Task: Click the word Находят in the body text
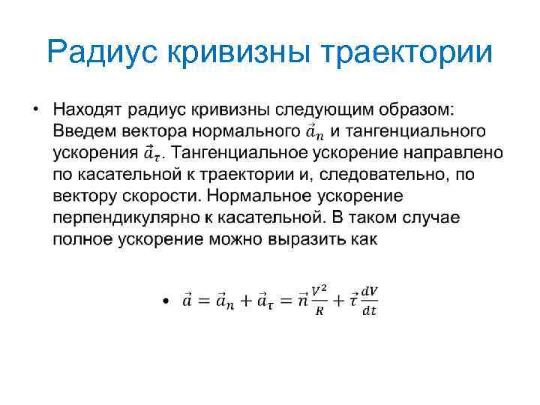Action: (88, 110)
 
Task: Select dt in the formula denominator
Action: (369, 310)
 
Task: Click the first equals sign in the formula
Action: (201, 301)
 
